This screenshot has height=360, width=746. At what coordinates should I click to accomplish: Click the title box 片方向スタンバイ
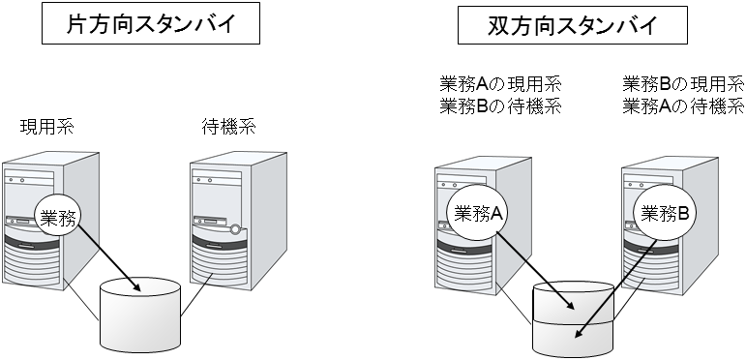[151, 25]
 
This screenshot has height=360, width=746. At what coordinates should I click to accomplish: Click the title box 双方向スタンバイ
[572, 25]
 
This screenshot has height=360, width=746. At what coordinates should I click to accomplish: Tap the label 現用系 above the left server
[46, 127]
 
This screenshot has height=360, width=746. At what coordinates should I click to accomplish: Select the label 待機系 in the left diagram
[228, 127]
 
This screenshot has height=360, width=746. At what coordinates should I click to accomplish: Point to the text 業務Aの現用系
[499, 85]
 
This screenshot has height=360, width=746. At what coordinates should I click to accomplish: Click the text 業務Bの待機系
[499, 105]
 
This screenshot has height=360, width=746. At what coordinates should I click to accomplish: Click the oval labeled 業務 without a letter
[60, 218]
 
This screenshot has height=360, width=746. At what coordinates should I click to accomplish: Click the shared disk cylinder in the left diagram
[141, 319]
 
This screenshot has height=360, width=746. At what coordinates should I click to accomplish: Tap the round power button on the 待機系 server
[235, 229]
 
